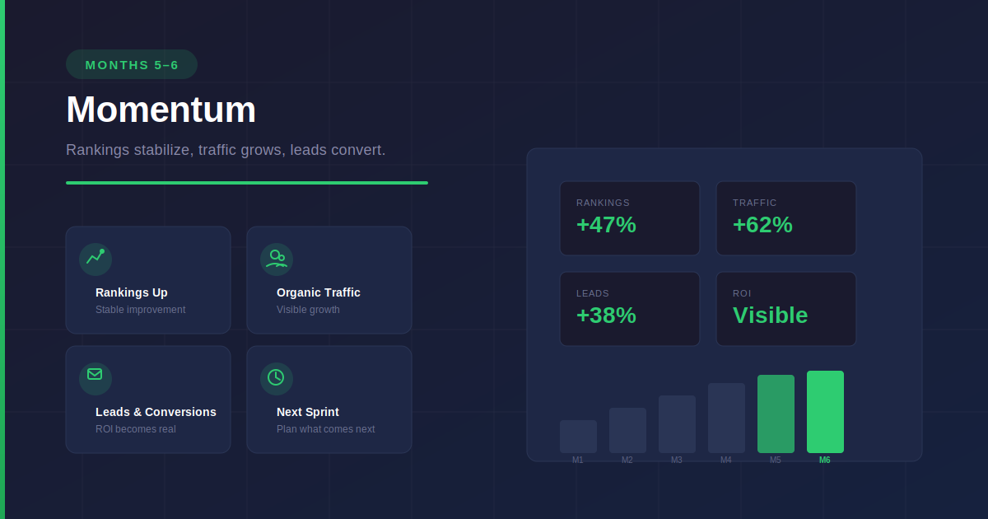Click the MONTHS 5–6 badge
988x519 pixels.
tap(132, 64)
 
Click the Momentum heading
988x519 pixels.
tap(161, 110)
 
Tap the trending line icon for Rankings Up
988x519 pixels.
tap(96, 259)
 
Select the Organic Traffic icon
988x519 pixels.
tap(277, 259)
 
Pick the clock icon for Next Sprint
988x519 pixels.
tap(277, 378)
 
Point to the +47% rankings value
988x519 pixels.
tap(606, 225)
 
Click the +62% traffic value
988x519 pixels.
tap(762, 225)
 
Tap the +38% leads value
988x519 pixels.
tap(606, 316)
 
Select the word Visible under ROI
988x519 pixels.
tap(770, 316)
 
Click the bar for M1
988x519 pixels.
tap(578, 437)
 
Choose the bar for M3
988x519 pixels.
tap(677, 424)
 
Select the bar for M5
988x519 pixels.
tap(776, 414)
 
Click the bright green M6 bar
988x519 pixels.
tap(825, 412)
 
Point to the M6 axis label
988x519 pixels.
tap(825, 461)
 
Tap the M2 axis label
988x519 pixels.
tap(627, 461)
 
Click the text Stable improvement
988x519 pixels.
tap(140, 310)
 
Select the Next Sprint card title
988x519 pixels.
tap(308, 412)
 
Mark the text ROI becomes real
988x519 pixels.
tap(135, 429)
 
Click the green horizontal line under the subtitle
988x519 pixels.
tap(247, 183)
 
